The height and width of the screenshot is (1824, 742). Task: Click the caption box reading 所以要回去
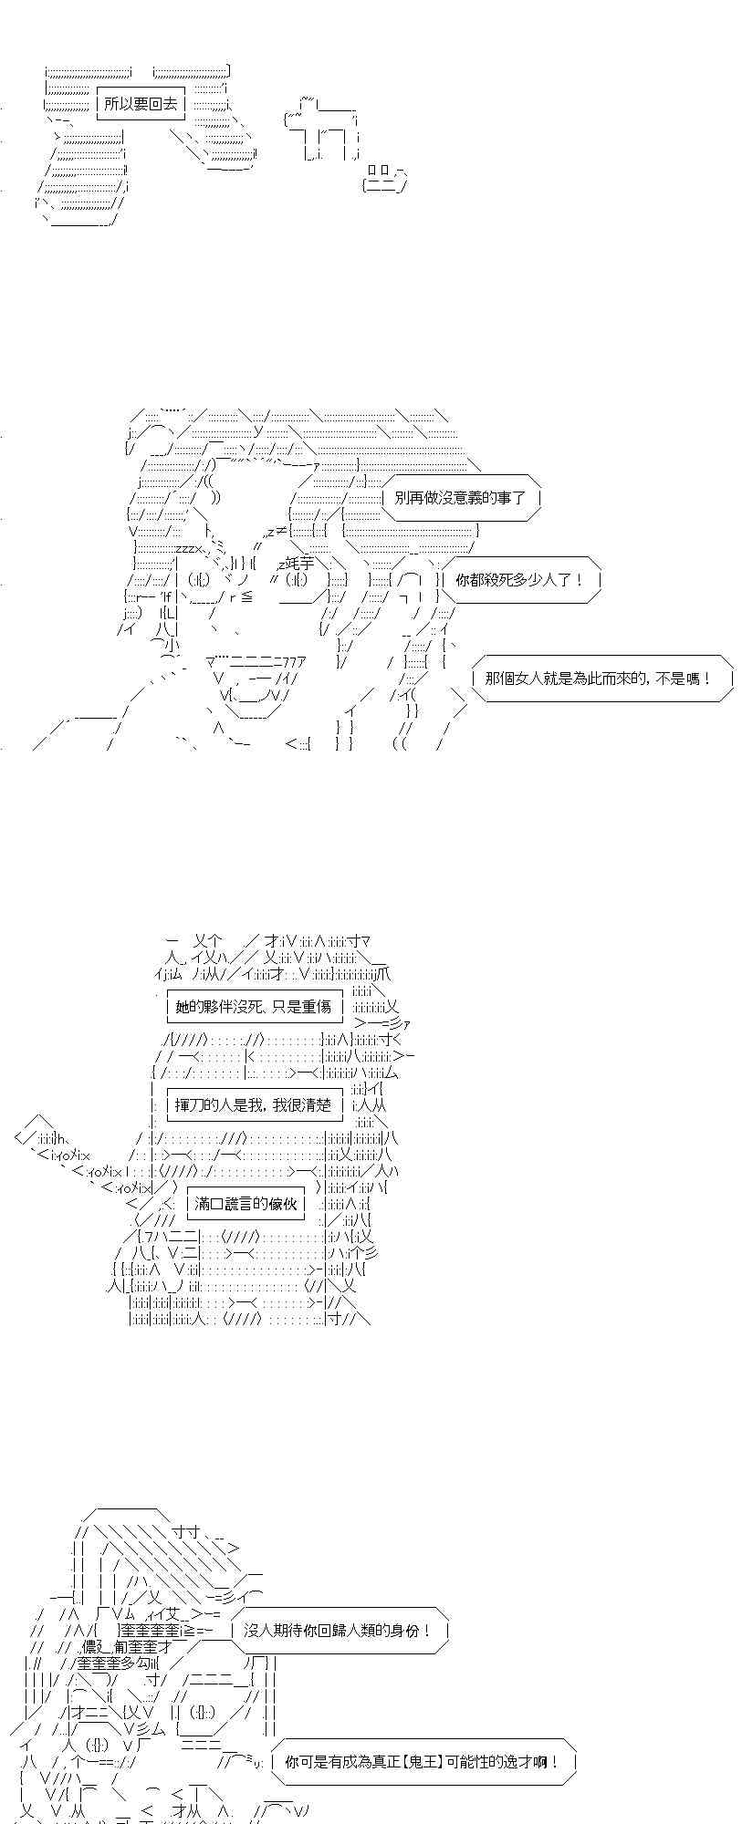pyautogui.click(x=141, y=104)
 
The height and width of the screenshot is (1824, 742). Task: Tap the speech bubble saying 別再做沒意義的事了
pyautogui.click(x=460, y=498)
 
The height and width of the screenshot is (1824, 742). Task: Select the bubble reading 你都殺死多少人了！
pyautogui.click(x=518, y=579)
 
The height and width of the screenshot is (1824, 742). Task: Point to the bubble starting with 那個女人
pyautogui.click(x=599, y=679)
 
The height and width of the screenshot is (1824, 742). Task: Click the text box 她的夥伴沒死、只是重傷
pyautogui.click(x=255, y=1007)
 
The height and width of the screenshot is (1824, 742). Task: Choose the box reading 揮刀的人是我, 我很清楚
pyautogui.click(x=254, y=1104)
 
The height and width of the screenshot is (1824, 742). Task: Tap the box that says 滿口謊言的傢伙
pyautogui.click(x=244, y=1204)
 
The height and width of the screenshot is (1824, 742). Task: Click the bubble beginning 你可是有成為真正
pyautogui.click(x=422, y=1763)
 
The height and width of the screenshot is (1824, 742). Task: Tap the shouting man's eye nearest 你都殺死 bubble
pyautogui.click(x=299, y=581)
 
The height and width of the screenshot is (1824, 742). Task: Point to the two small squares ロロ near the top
pyautogui.click(x=379, y=170)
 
